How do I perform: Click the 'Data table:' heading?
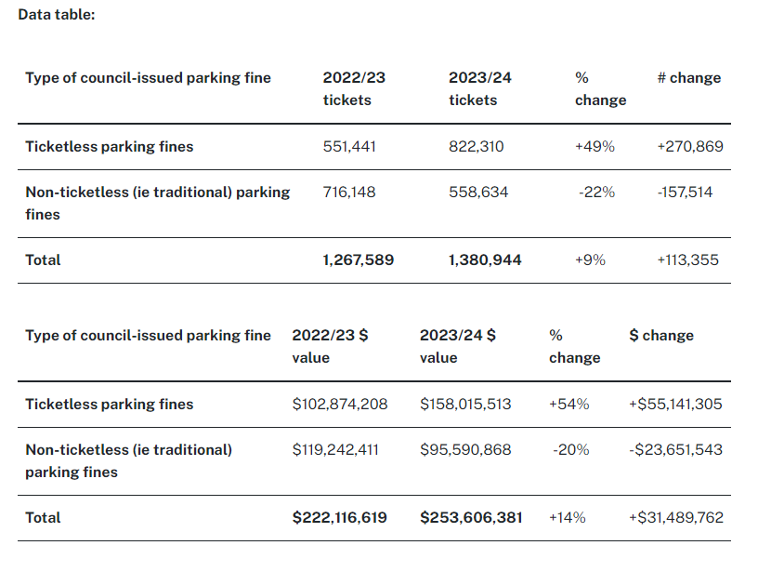(57, 16)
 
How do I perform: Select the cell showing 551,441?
(349, 147)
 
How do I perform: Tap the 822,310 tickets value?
(477, 147)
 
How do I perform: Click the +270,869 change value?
(689, 147)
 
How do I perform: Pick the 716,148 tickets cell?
(348, 193)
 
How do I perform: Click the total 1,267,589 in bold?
(359, 260)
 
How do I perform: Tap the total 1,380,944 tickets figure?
(485, 260)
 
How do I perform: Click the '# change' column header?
(689, 78)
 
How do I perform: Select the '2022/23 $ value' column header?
(330, 346)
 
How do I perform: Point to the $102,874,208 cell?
(340, 405)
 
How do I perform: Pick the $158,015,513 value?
(465, 405)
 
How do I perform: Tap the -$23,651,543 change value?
(676, 450)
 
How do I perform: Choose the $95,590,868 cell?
(465, 450)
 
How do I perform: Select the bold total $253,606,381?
(471, 518)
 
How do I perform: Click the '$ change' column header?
(661, 336)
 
